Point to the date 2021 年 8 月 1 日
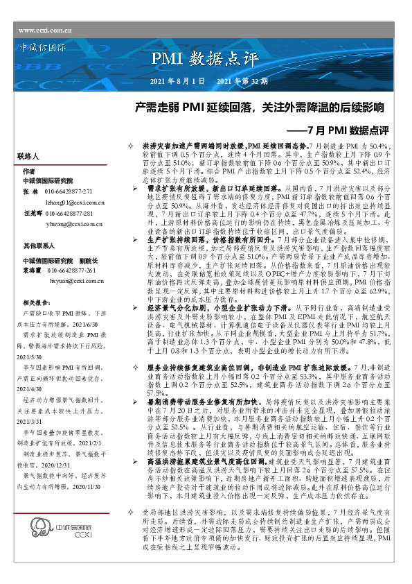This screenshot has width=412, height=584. pyautogui.click(x=177, y=82)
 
